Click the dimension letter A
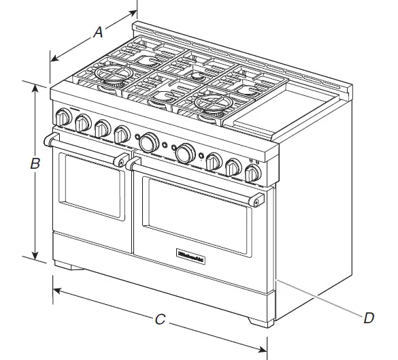tap(98, 31)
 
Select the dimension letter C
tap(159, 318)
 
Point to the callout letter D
tap(368, 317)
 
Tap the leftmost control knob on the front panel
tap(63, 117)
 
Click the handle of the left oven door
tap(85, 150)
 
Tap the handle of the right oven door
tap(194, 180)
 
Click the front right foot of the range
tap(261, 320)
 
